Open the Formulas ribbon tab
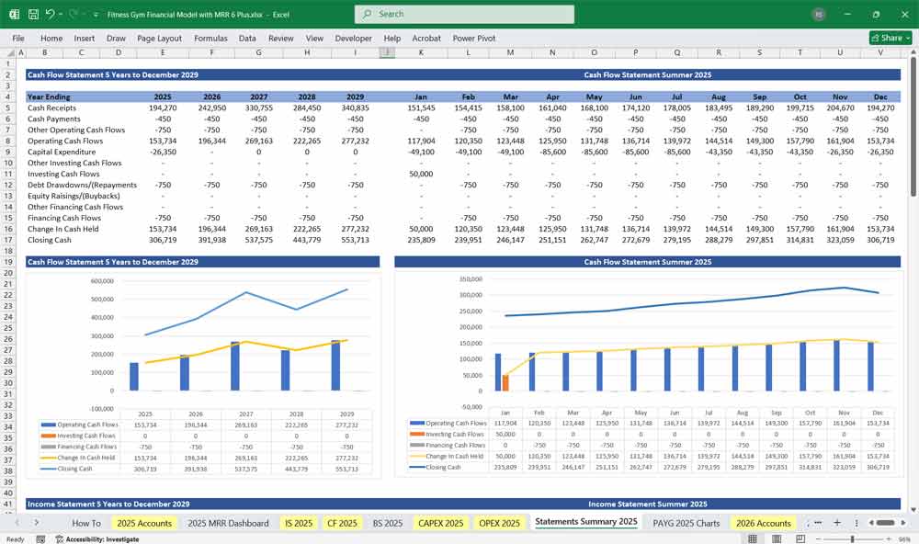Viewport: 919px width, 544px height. (210, 39)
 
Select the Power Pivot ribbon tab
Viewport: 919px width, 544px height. (473, 39)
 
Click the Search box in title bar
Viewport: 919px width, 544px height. (464, 14)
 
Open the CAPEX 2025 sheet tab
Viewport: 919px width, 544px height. (441, 523)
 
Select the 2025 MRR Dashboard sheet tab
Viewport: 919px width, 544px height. (228, 523)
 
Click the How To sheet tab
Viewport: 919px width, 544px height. (86, 523)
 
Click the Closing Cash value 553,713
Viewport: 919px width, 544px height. (355, 240)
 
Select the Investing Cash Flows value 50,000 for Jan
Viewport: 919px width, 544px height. (421, 174)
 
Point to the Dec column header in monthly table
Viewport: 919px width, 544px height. (881, 96)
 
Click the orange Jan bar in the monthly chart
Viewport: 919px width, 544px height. (505, 382)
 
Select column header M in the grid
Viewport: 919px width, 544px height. (509, 52)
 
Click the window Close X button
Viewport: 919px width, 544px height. (902, 14)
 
